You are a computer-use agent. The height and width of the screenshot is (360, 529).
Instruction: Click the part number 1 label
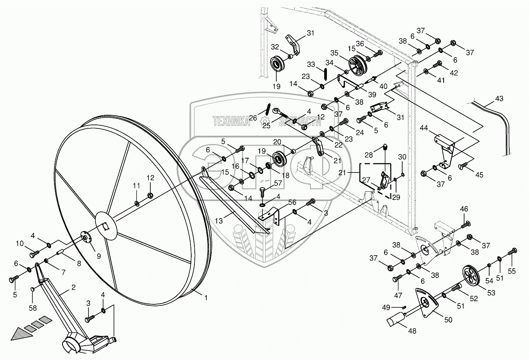pyautogui.click(x=206, y=298)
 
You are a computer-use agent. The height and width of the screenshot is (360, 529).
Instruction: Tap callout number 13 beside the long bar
pyautogui.click(x=219, y=221)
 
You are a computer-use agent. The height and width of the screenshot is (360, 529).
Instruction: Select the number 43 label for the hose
pyautogui.click(x=499, y=99)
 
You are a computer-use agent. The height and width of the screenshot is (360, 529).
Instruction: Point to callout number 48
pyautogui.click(x=412, y=331)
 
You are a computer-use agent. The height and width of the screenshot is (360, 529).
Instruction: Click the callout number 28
pyautogui.click(x=369, y=155)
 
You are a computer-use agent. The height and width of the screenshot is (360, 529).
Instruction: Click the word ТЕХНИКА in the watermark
pyautogui.click(x=231, y=121)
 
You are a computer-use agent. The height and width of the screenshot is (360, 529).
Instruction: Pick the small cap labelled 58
pyautogui.click(x=33, y=289)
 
